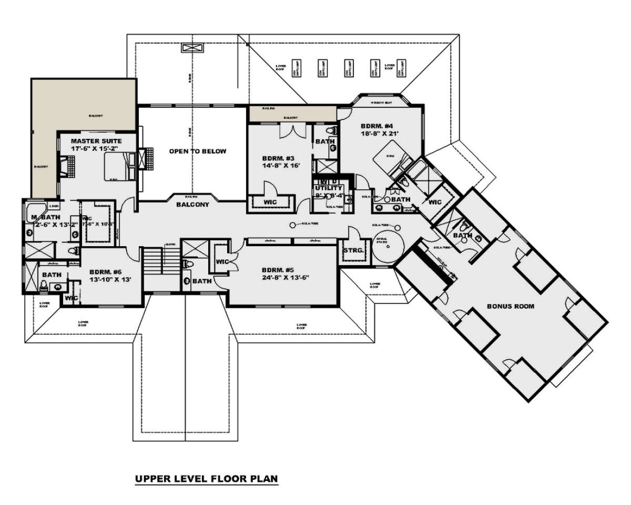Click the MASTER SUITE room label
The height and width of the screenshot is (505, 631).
(96, 141)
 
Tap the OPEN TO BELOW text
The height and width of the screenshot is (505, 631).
(197, 151)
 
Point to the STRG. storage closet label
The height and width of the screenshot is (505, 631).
(353, 251)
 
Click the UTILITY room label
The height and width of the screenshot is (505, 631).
(328, 188)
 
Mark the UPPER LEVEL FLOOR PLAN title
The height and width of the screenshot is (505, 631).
(206, 479)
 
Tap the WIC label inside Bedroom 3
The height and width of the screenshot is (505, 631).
(270, 202)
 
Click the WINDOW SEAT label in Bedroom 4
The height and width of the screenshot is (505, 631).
(380, 103)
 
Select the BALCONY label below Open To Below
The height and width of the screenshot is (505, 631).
(192, 204)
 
